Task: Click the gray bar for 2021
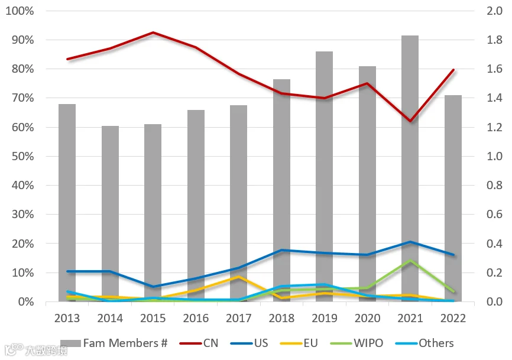[410, 168]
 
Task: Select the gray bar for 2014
[110, 214]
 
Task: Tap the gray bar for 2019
[324, 177]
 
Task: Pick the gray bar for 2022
[453, 199]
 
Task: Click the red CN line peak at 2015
[153, 33]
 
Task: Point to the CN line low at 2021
[410, 121]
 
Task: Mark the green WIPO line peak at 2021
[410, 260]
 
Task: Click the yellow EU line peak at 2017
[239, 277]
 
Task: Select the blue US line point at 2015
[153, 287]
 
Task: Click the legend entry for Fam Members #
[114, 343]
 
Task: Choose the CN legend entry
[199, 343]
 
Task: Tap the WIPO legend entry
[357, 343]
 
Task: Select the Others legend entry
[424, 343]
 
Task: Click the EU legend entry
[299, 343]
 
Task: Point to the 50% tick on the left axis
[23, 156]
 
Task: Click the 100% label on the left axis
[20, 11]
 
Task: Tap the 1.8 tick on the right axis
[494, 40]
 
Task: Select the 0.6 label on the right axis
[494, 214]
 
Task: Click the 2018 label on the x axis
[281, 318]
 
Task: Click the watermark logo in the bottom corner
[36, 350]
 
